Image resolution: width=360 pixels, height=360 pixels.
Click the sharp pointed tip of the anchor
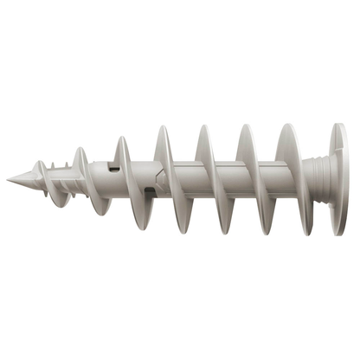coord(9,179)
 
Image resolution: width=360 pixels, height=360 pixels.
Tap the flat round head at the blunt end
coord(338,179)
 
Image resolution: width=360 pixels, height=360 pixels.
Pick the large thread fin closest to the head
coord(287,179)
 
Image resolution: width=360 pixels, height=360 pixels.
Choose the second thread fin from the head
coord(247,179)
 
